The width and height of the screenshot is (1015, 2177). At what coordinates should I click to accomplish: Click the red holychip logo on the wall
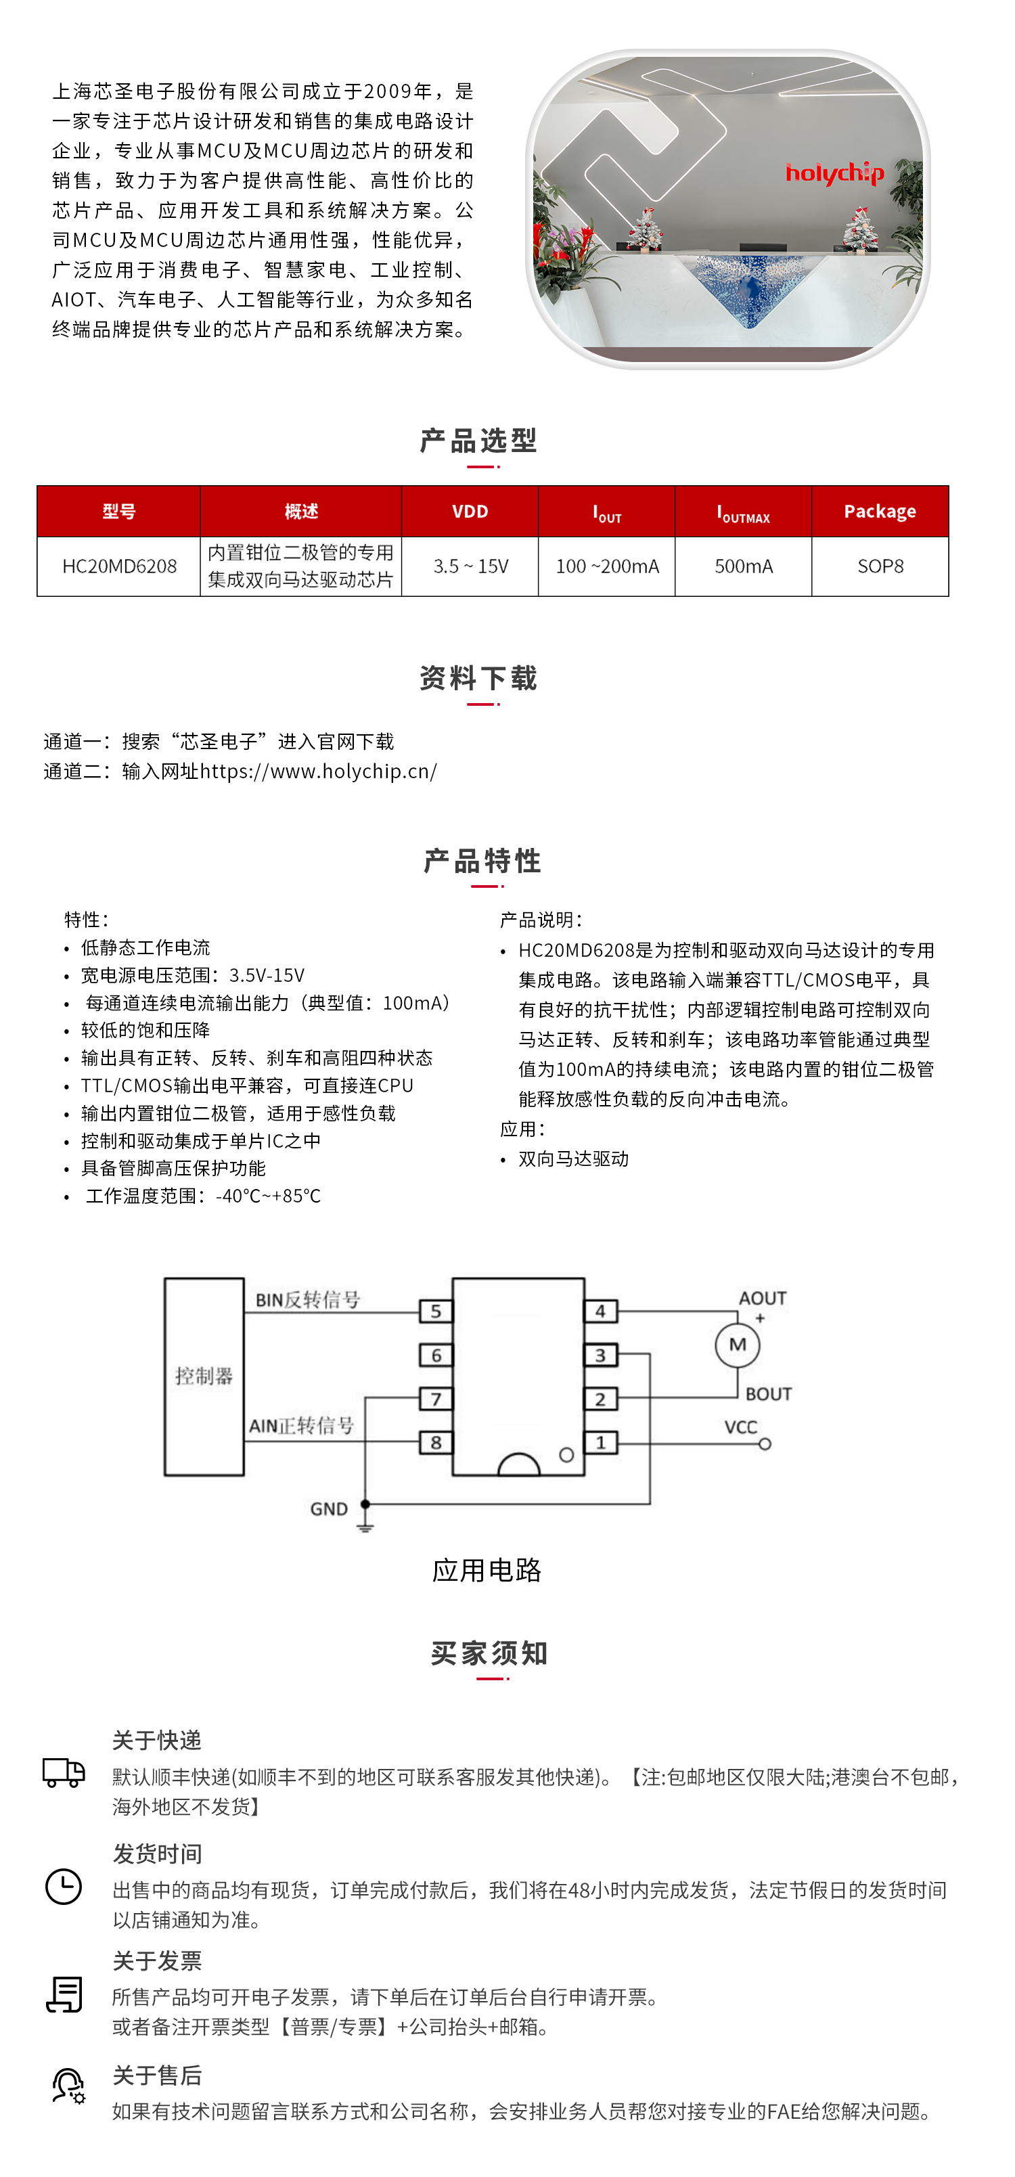[x=834, y=173]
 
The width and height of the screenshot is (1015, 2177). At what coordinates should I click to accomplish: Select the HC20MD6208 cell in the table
[x=119, y=566]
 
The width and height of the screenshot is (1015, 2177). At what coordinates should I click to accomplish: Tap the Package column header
[x=879, y=512]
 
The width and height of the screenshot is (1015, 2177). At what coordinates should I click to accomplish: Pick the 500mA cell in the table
[x=743, y=566]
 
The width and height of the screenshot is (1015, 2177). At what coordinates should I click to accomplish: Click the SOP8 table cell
[x=880, y=566]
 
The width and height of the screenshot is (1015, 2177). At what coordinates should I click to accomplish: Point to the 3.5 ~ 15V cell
[x=470, y=566]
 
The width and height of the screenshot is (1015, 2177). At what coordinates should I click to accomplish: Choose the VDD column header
[x=470, y=512]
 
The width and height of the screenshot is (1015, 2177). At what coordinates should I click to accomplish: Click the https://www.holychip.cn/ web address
[x=319, y=771]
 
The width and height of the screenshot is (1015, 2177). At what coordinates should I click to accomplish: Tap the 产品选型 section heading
[x=479, y=441]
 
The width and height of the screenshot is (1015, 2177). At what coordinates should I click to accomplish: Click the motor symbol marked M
[x=737, y=1345]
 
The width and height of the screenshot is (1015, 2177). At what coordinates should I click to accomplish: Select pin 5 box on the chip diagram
[x=435, y=1311]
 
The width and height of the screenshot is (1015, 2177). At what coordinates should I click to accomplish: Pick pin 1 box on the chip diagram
[x=601, y=1443]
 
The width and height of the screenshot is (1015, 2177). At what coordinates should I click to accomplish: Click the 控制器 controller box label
[x=204, y=1376]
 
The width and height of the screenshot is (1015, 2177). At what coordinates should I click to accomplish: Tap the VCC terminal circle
[x=765, y=1444]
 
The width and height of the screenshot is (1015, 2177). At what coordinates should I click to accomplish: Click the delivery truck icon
[x=64, y=1772]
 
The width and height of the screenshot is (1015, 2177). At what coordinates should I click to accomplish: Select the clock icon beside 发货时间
[x=64, y=1886]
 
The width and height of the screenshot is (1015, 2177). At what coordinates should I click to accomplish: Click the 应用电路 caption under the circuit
[x=486, y=1570]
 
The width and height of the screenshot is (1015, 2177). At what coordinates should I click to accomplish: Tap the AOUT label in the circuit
[x=763, y=1298]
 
